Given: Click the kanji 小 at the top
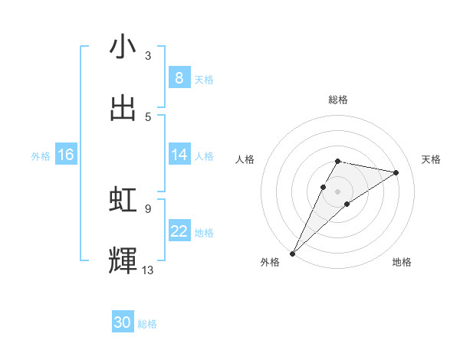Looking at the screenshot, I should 123,47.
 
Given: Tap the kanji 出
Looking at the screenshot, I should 123,109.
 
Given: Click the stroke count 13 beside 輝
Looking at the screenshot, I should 148,270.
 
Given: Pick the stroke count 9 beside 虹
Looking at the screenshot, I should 148,208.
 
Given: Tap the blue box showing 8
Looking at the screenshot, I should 179,77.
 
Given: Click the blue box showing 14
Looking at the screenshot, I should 179,155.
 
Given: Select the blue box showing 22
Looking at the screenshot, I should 179,231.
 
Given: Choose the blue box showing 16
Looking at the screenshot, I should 66,155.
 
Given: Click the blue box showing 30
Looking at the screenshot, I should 123,322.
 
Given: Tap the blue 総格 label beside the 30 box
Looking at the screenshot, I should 147,324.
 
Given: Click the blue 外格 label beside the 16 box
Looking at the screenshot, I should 41,156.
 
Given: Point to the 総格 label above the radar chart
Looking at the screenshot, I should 338,100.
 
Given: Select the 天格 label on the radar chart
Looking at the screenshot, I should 432,159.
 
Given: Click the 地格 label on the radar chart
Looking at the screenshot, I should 402,262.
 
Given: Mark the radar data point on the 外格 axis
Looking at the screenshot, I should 293,253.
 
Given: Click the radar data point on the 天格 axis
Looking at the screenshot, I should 396,172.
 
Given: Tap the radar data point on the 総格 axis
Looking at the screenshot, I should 338,161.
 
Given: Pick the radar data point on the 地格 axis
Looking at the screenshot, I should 347,204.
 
